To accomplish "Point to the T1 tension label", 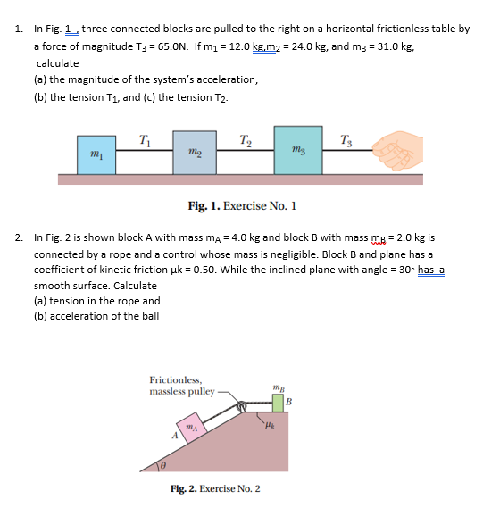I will (x=145, y=137).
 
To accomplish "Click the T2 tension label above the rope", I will (x=244, y=137).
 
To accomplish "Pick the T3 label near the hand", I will (x=346, y=137).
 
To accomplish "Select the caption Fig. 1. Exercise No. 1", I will (x=241, y=206).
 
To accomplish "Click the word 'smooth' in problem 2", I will (x=53, y=285).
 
